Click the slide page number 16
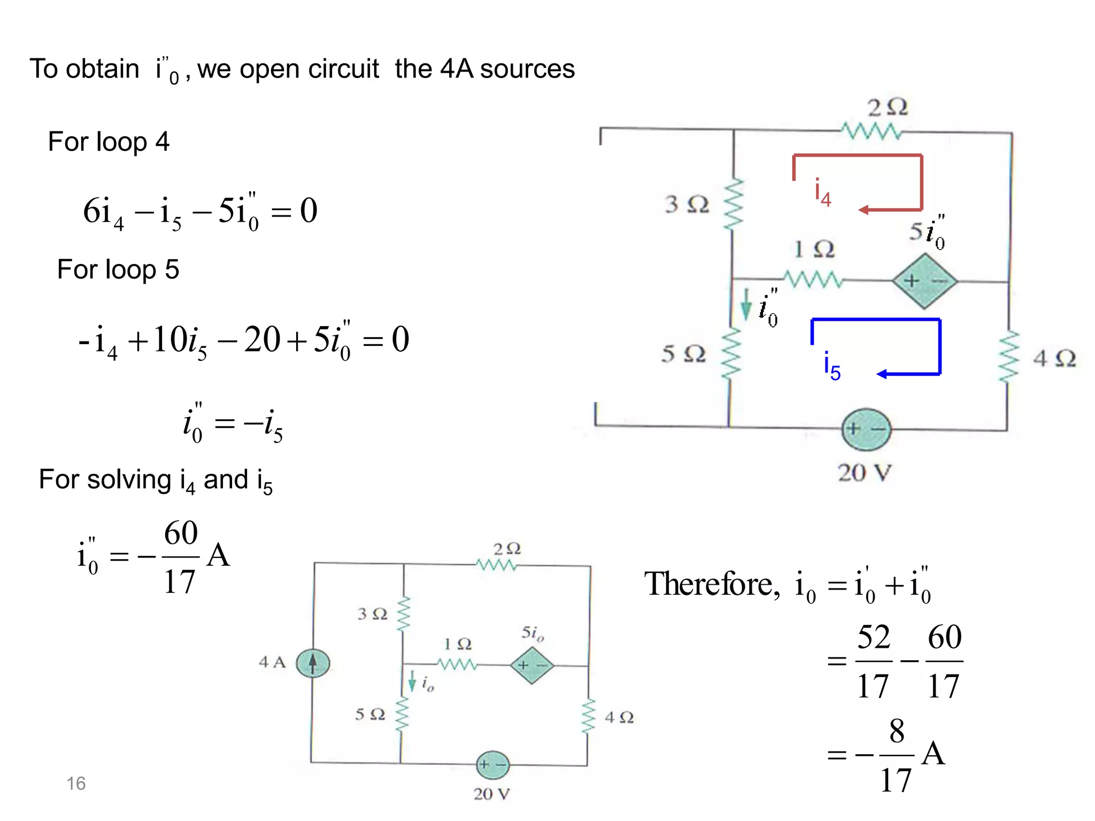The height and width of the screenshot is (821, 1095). pos(76,783)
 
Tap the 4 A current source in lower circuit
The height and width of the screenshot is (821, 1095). pos(313,663)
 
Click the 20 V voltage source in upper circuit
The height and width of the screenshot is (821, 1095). pos(866,429)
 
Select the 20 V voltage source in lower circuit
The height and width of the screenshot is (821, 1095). pos(492,765)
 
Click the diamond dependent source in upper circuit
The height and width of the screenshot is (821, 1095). pos(924,281)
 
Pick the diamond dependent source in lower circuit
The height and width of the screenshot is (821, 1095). pos(531,665)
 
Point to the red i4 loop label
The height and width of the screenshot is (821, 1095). pos(822,192)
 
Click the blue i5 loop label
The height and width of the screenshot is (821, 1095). pos(832,366)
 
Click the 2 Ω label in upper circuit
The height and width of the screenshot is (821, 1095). pos(888,108)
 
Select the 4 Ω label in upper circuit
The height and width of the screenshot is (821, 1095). pos(1054,358)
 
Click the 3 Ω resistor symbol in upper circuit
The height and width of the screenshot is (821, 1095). pos(733,205)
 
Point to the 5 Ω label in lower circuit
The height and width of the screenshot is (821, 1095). pos(370,714)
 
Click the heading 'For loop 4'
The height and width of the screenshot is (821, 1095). pos(109,142)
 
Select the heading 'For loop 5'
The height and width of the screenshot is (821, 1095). pos(118,269)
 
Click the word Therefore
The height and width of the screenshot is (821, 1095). pos(712,584)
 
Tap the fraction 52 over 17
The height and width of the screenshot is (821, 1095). pos(874,661)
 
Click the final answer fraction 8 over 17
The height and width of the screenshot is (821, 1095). pos(896,755)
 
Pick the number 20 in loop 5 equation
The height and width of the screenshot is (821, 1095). pos(262,339)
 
